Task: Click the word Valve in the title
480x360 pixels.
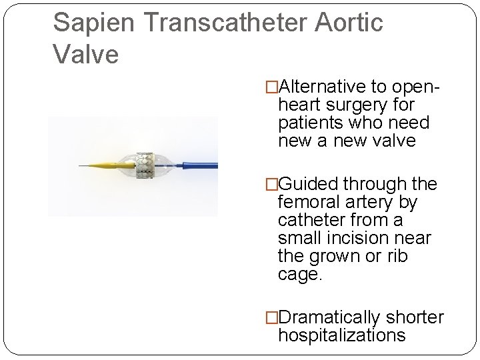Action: (x=85, y=54)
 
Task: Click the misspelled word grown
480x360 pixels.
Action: (x=346, y=256)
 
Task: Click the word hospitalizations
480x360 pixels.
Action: (x=341, y=336)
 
